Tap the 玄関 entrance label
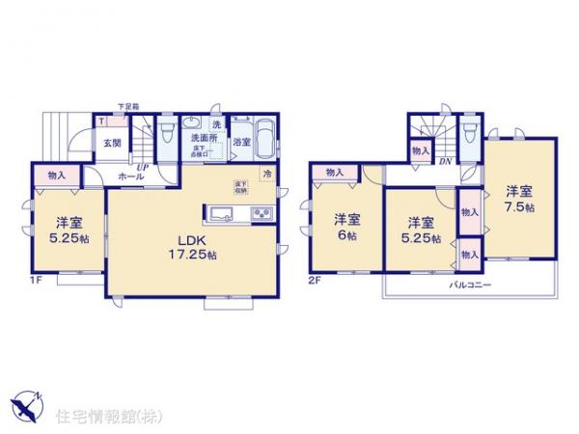[x=113, y=144]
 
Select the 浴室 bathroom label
[x=241, y=142]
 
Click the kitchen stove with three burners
[x=263, y=212]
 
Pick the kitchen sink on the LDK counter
[x=218, y=212]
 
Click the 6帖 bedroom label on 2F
[x=346, y=225]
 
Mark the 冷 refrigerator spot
[x=267, y=172]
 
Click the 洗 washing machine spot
[x=217, y=125]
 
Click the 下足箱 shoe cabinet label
[x=128, y=106]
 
